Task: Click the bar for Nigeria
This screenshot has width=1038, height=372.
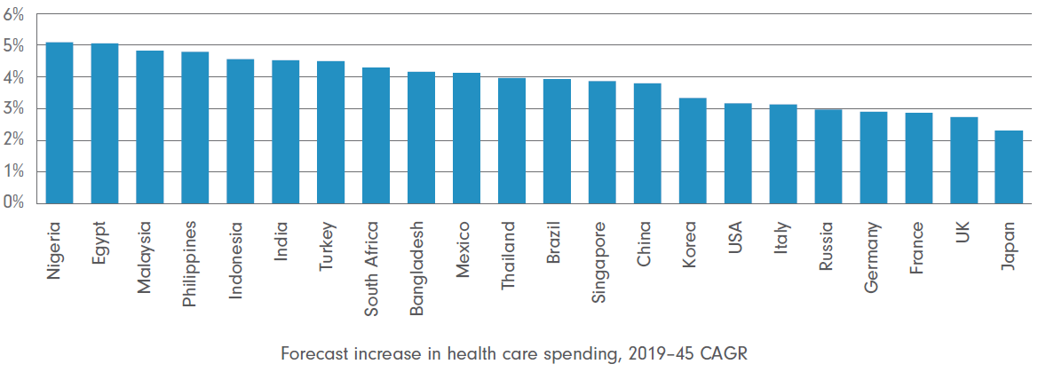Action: click(x=59, y=123)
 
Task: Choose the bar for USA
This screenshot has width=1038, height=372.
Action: click(x=738, y=154)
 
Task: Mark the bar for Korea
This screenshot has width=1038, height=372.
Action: click(x=693, y=151)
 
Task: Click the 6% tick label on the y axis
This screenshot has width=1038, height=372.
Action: click(x=14, y=14)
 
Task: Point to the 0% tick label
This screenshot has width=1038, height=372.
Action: click(x=14, y=203)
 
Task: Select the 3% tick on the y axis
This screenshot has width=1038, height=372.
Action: click(x=14, y=109)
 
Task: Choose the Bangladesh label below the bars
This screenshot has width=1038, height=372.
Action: click(x=421, y=258)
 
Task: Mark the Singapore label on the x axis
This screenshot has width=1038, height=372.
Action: click(x=602, y=254)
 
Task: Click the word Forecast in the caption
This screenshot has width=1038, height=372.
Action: click(x=311, y=353)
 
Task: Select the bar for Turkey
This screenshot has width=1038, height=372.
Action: click(x=330, y=132)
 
